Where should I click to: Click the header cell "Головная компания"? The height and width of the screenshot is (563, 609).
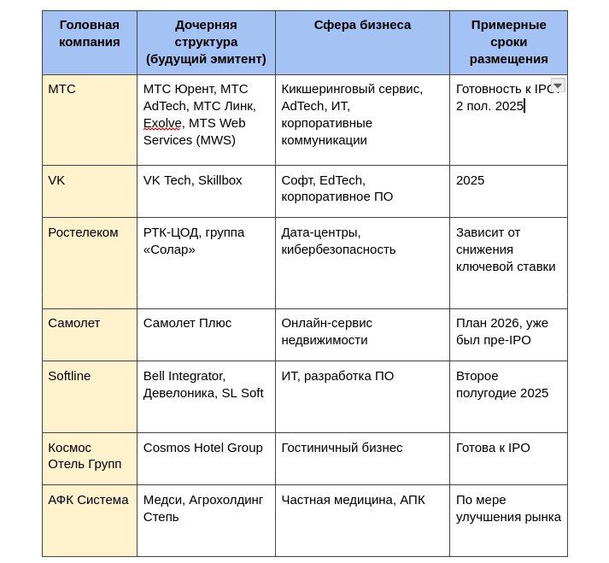89,33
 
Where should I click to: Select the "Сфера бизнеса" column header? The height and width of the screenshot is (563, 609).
362,26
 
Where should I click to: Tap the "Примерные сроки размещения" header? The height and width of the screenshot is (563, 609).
508,42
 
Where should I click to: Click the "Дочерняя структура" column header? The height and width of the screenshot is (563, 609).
206,42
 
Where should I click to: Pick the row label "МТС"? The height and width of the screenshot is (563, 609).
61,89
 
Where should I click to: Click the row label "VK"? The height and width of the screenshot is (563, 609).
56,180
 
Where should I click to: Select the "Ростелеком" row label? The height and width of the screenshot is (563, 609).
83,232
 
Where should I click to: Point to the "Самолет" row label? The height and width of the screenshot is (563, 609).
73,323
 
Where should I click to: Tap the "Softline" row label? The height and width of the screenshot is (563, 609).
69,376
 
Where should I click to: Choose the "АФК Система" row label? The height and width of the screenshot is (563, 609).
88,500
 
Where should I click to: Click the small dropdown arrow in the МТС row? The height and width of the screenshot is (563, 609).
558,85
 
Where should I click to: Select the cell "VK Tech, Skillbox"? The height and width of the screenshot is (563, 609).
192,180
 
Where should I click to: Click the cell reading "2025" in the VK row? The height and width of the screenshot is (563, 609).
470,180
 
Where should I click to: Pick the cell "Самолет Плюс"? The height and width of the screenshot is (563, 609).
187,323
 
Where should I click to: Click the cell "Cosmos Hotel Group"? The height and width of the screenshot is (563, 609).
202,448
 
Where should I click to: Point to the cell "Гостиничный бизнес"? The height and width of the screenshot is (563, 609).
342,448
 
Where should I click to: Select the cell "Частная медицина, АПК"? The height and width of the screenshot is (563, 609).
353,500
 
